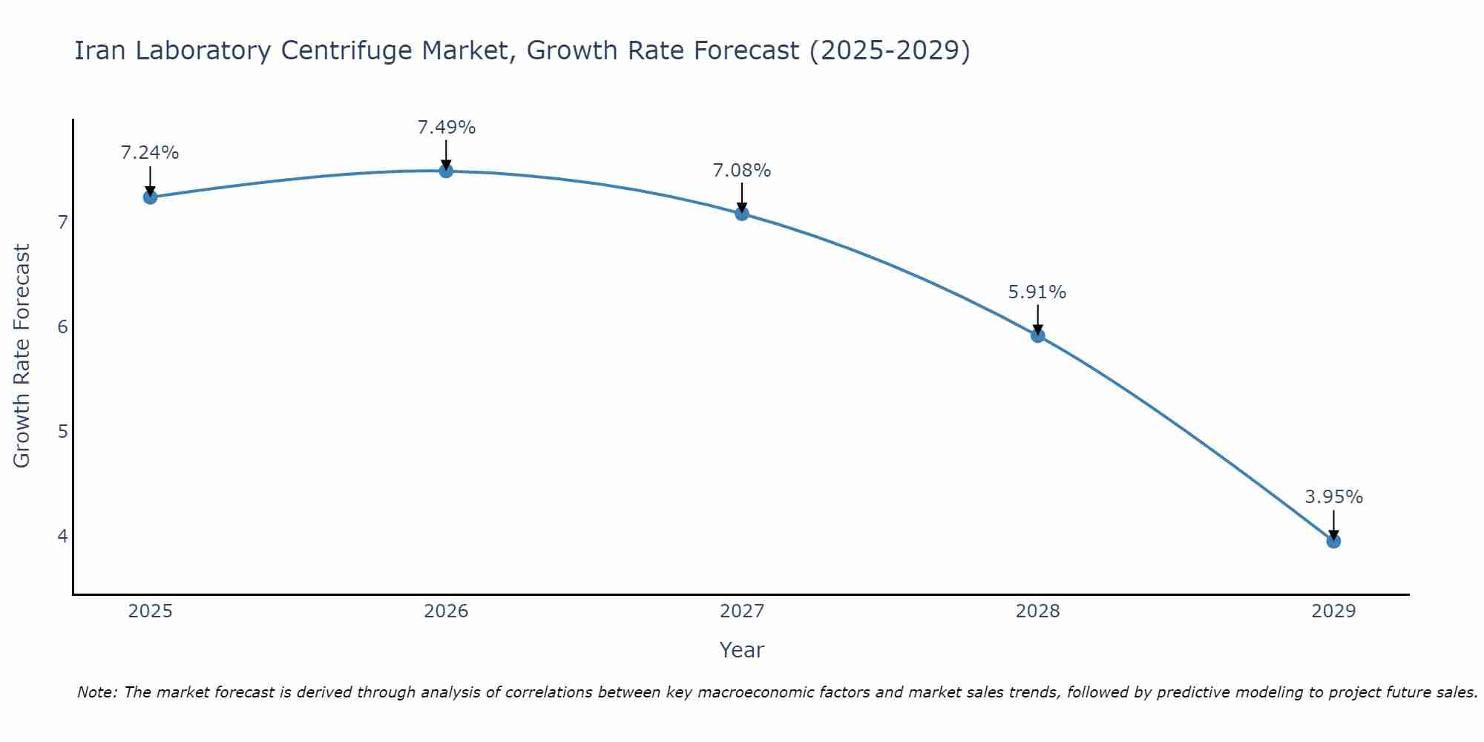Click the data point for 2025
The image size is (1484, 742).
(x=150, y=197)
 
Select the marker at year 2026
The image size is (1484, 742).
(x=446, y=171)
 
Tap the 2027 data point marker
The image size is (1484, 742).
(x=742, y=214)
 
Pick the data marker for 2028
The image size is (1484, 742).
(x=1038, y=335)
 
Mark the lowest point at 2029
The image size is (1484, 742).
(x=1333, y=541)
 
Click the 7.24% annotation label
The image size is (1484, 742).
(x=150, y=153)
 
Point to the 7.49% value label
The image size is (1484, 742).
(x=446, y=128)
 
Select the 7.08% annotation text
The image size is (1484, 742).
(x=742, y=171)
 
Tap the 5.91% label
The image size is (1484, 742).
(x=1037, y=292)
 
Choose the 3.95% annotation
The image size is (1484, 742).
(x=1333, y=497)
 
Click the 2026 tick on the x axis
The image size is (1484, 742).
(x=446, y=611)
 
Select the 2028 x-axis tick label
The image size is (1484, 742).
(x=1038, y=611)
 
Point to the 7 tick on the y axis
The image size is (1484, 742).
(x=63, y=222)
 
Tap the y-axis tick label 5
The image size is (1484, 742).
(x=63, y=431)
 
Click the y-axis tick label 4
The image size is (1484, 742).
(x=63, y=536)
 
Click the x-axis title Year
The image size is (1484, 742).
(x=741, y=650)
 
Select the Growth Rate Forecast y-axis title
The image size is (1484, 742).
(x=22, y=356)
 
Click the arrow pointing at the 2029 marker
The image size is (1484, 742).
(x=1333, y=523)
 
